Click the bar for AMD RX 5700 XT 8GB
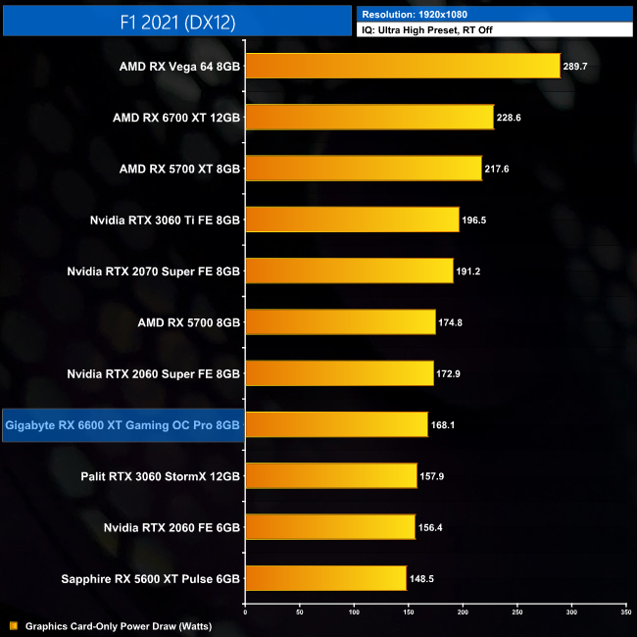pos(363,169)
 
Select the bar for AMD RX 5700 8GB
pos(340,321)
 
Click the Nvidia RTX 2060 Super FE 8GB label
pos(153,373)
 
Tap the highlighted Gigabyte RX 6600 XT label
pos(122,425)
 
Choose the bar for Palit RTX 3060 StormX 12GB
pos(331,476)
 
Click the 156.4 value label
pos(433,527)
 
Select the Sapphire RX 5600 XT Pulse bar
pos(325,578)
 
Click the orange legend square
pos(13,625)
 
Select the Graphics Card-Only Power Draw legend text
pos(119,625)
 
